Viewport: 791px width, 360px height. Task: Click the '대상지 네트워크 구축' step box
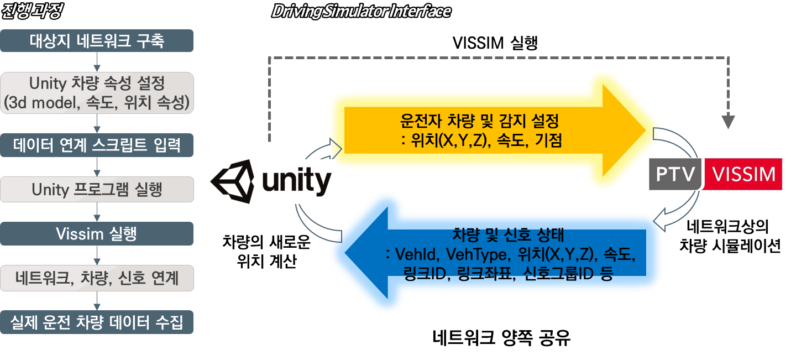pos(97,41)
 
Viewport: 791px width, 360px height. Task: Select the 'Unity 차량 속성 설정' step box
pos(97,92)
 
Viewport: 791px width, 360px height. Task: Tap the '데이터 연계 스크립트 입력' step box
pos(97,145)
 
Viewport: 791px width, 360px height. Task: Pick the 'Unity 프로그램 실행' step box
pos(97,190)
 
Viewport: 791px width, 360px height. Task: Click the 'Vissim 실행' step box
pos(97,233)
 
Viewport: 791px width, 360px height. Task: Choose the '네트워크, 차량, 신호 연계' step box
pos(97,278)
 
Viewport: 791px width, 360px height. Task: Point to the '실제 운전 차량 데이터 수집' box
pos(97,322)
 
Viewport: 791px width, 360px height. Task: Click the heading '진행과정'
pos(33,11)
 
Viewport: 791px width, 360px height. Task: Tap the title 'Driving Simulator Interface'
pos(361,11)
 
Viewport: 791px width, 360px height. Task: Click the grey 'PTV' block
pos(674,174)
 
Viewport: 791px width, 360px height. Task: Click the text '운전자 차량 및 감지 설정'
pos(480,121)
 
